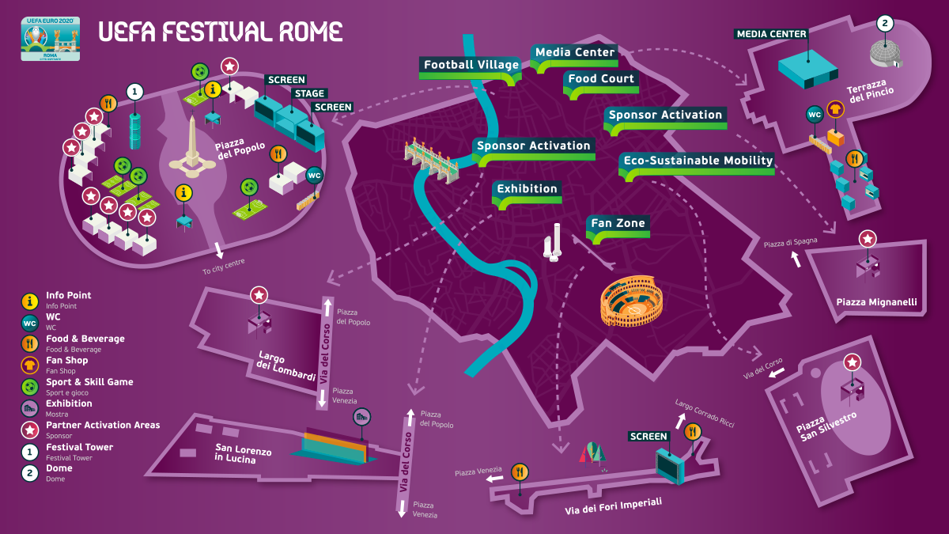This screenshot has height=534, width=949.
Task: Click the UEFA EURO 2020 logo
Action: (51, 39)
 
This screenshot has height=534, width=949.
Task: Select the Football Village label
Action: (471, 65)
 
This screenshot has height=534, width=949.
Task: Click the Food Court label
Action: (601, 79)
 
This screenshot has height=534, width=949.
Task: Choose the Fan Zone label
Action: (618, 224)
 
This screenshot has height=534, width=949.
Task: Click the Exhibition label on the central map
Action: (527, 189)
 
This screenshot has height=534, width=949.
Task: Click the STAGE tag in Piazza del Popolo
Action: (309, 93)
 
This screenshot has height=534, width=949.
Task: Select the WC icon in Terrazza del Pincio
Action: (815, 115)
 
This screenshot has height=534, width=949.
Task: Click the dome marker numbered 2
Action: (885, 24)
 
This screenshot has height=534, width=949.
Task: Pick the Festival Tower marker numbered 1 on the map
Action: (135, 92)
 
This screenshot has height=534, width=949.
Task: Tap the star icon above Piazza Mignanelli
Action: (868, 238)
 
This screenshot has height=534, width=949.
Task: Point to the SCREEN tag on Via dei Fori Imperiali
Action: (648, 436)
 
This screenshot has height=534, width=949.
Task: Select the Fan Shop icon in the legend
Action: (29, 365)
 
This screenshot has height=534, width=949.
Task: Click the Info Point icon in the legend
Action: (29, 301)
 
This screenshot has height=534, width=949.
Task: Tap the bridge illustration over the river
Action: (432, 161)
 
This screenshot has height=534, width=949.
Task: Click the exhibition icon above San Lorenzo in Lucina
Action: (361, 416)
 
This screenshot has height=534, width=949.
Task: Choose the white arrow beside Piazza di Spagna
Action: (796, 259)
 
